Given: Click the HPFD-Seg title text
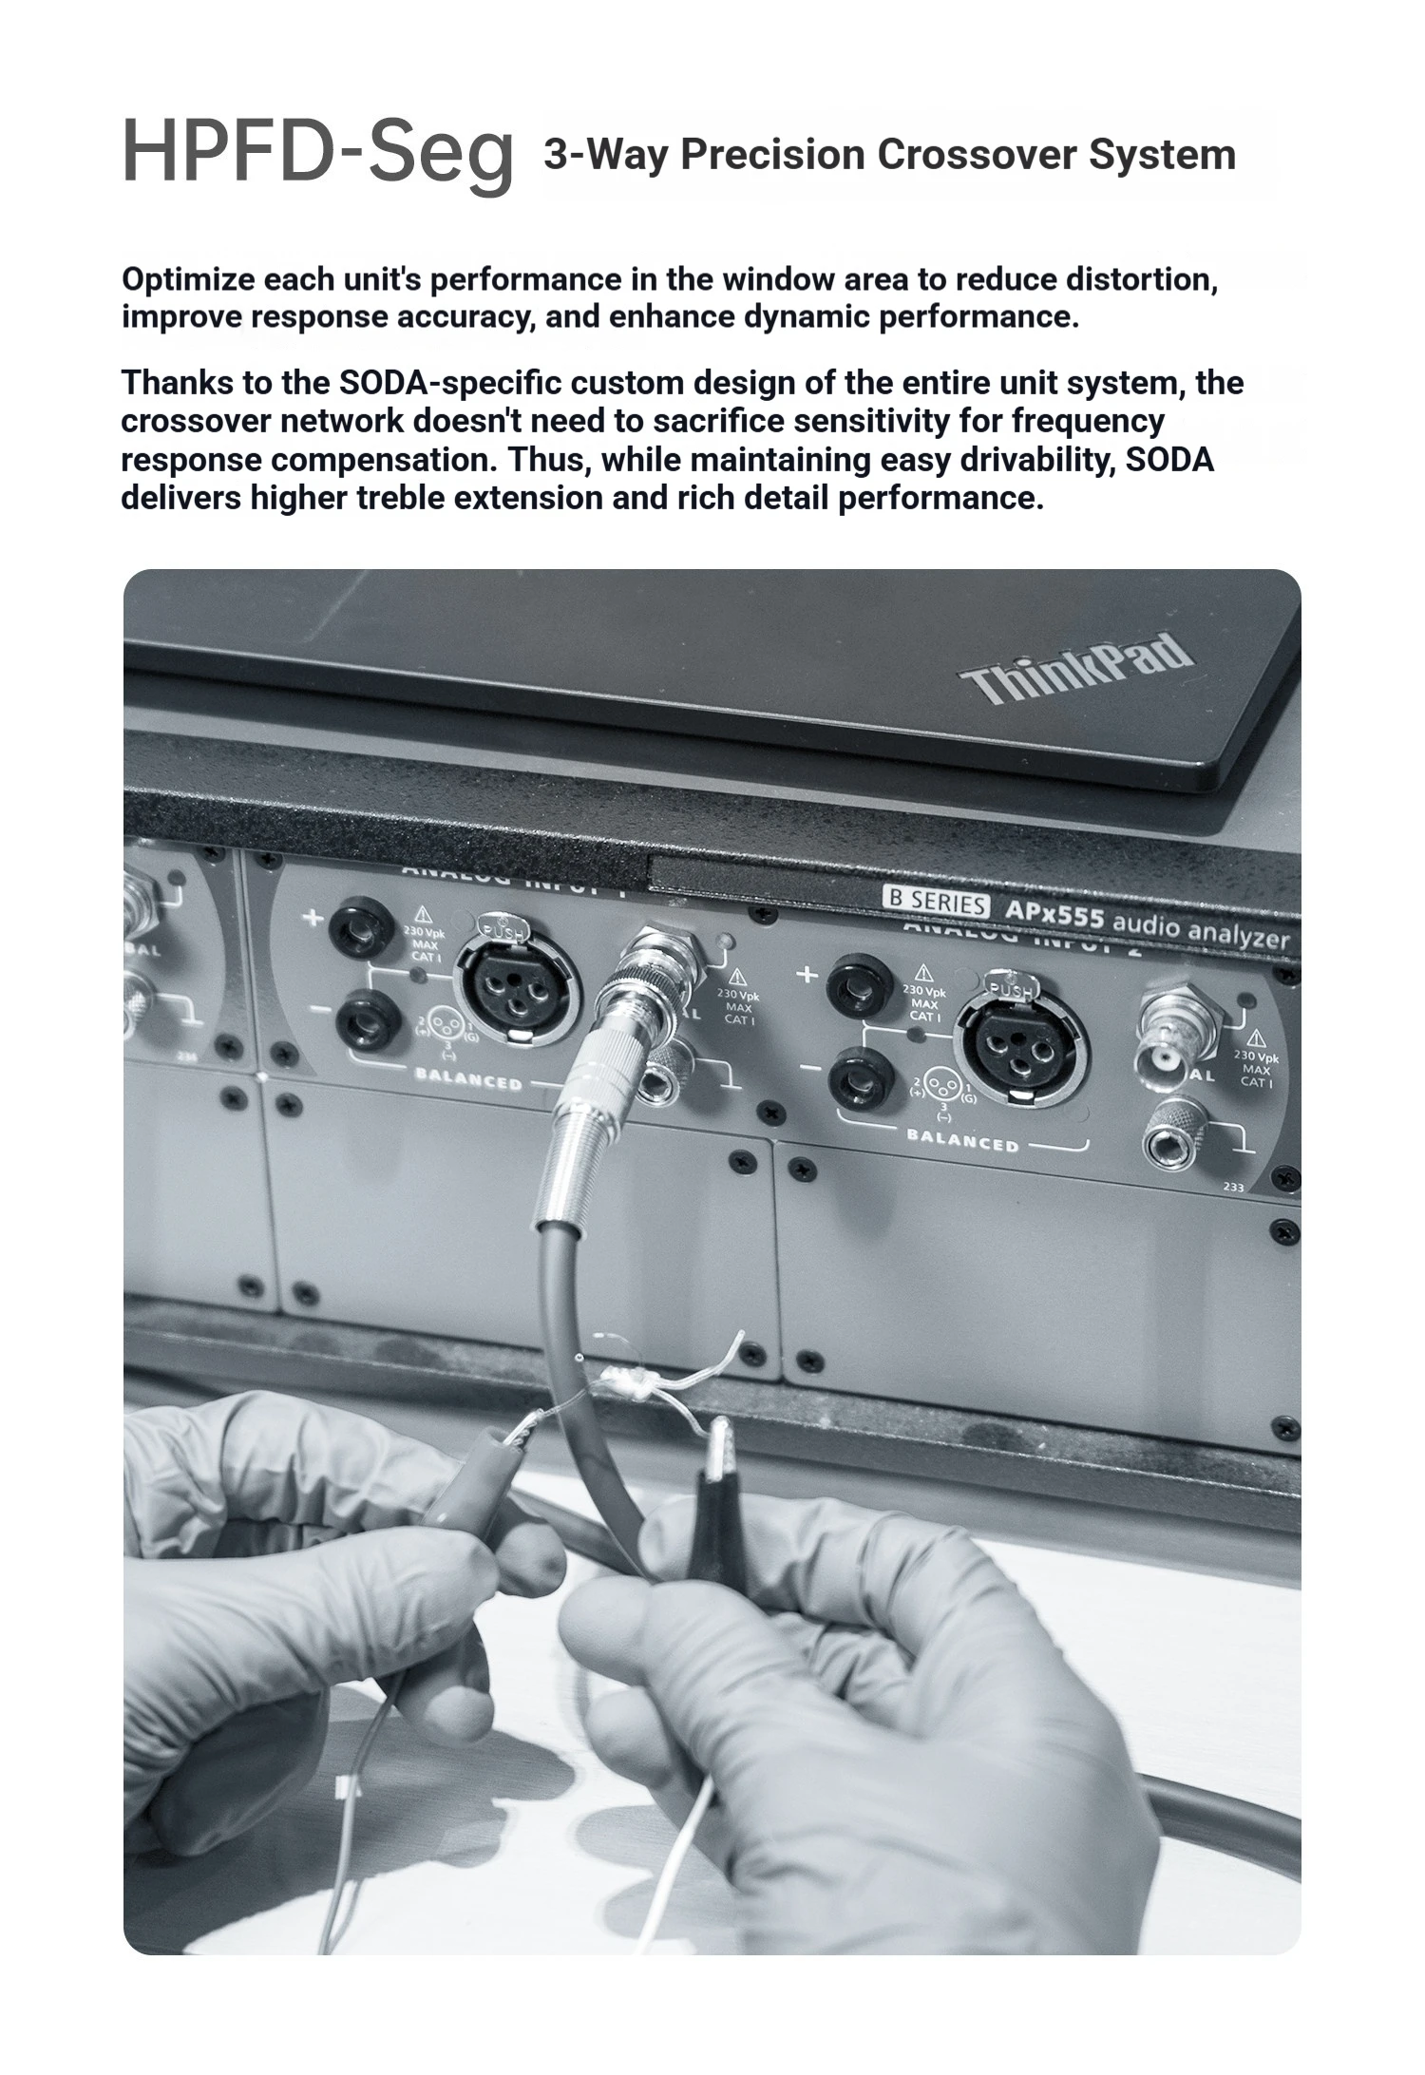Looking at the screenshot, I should click(318, 152).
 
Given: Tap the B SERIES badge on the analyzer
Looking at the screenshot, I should click(936, 900).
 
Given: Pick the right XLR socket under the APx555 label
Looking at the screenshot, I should click(1020, 1045).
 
